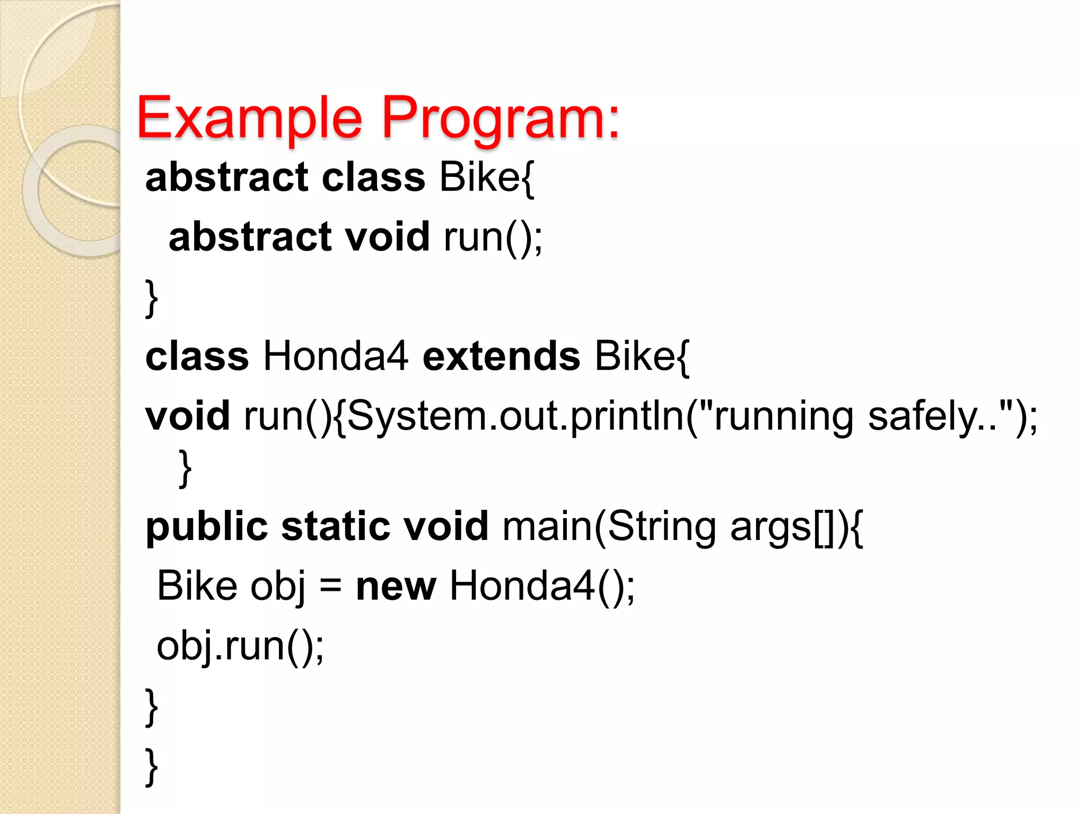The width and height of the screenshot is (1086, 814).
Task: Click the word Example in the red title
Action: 249,118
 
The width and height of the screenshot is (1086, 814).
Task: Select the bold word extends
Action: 501,356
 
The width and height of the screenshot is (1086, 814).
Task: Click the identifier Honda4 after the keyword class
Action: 335,356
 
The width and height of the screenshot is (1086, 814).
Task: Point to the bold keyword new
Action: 396,586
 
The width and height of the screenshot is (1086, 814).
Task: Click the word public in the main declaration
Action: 207,527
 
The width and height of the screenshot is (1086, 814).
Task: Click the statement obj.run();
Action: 240,647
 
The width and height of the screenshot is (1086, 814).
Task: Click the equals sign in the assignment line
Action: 331,587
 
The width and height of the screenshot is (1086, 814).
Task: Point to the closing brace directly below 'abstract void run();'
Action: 152,298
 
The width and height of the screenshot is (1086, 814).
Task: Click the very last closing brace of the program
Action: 152,766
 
